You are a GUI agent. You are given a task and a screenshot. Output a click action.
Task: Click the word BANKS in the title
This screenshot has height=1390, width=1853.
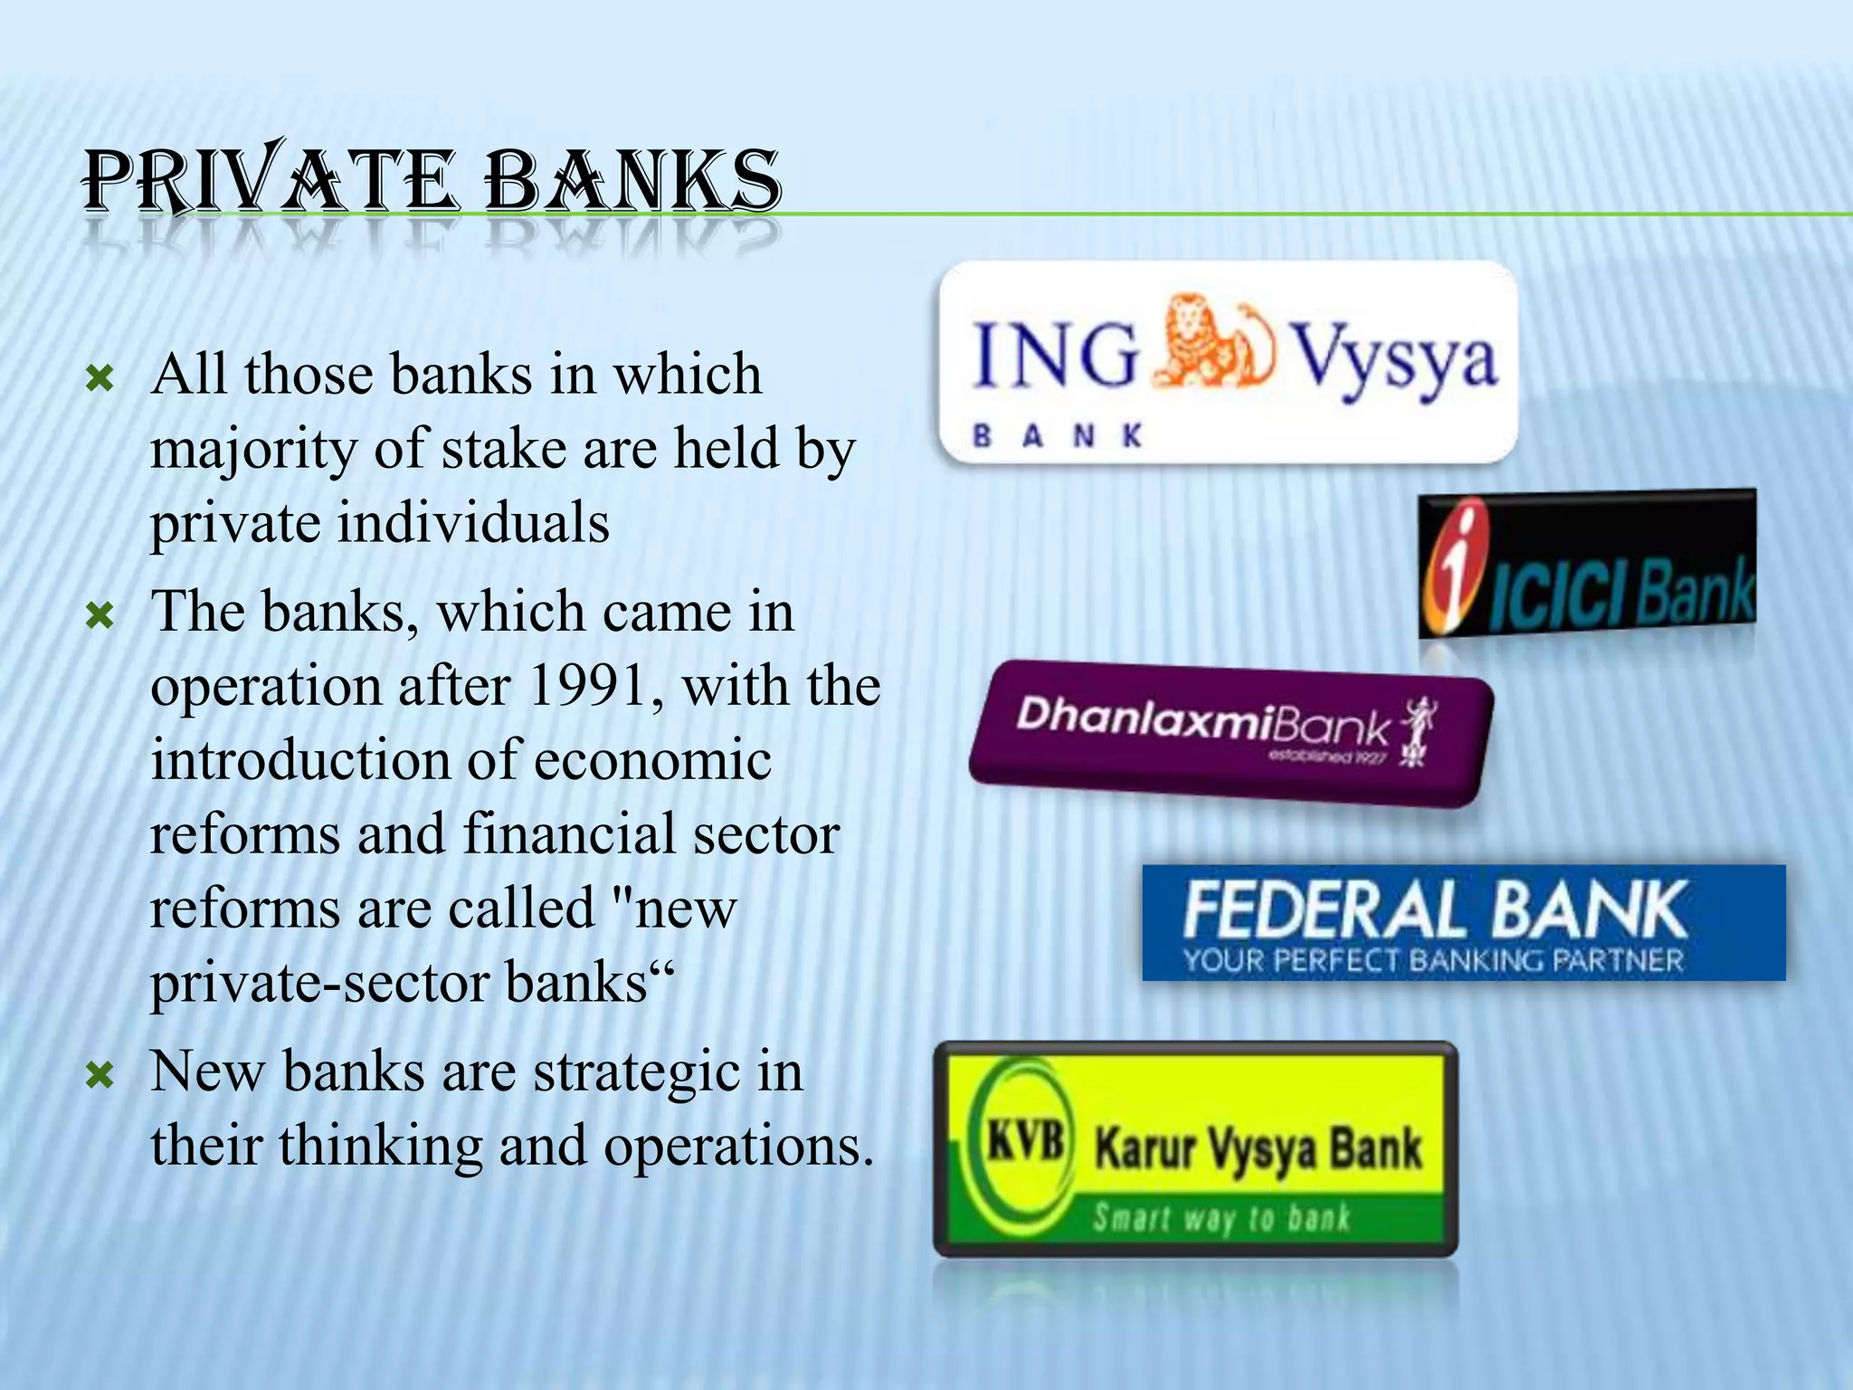[x=632, y=181]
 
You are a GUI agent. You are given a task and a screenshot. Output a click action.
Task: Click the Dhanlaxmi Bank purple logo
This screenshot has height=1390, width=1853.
[x=1231, y=733]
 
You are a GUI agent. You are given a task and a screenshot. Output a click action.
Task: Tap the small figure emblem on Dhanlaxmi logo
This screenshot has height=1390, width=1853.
[x=1416, y=729]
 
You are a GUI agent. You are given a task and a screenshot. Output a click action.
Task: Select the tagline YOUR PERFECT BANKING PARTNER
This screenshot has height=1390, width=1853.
[x=1433, y=960]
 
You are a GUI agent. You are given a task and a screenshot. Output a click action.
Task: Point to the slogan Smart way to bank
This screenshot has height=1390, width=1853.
[x=1221, y=1217]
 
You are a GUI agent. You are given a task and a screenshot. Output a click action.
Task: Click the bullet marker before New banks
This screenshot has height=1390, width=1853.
[x=99, y=1075]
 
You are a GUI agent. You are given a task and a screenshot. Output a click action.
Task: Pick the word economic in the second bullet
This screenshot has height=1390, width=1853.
[x=652, y=760]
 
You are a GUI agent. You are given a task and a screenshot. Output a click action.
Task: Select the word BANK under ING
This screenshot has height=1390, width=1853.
[x=1059, y=437]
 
